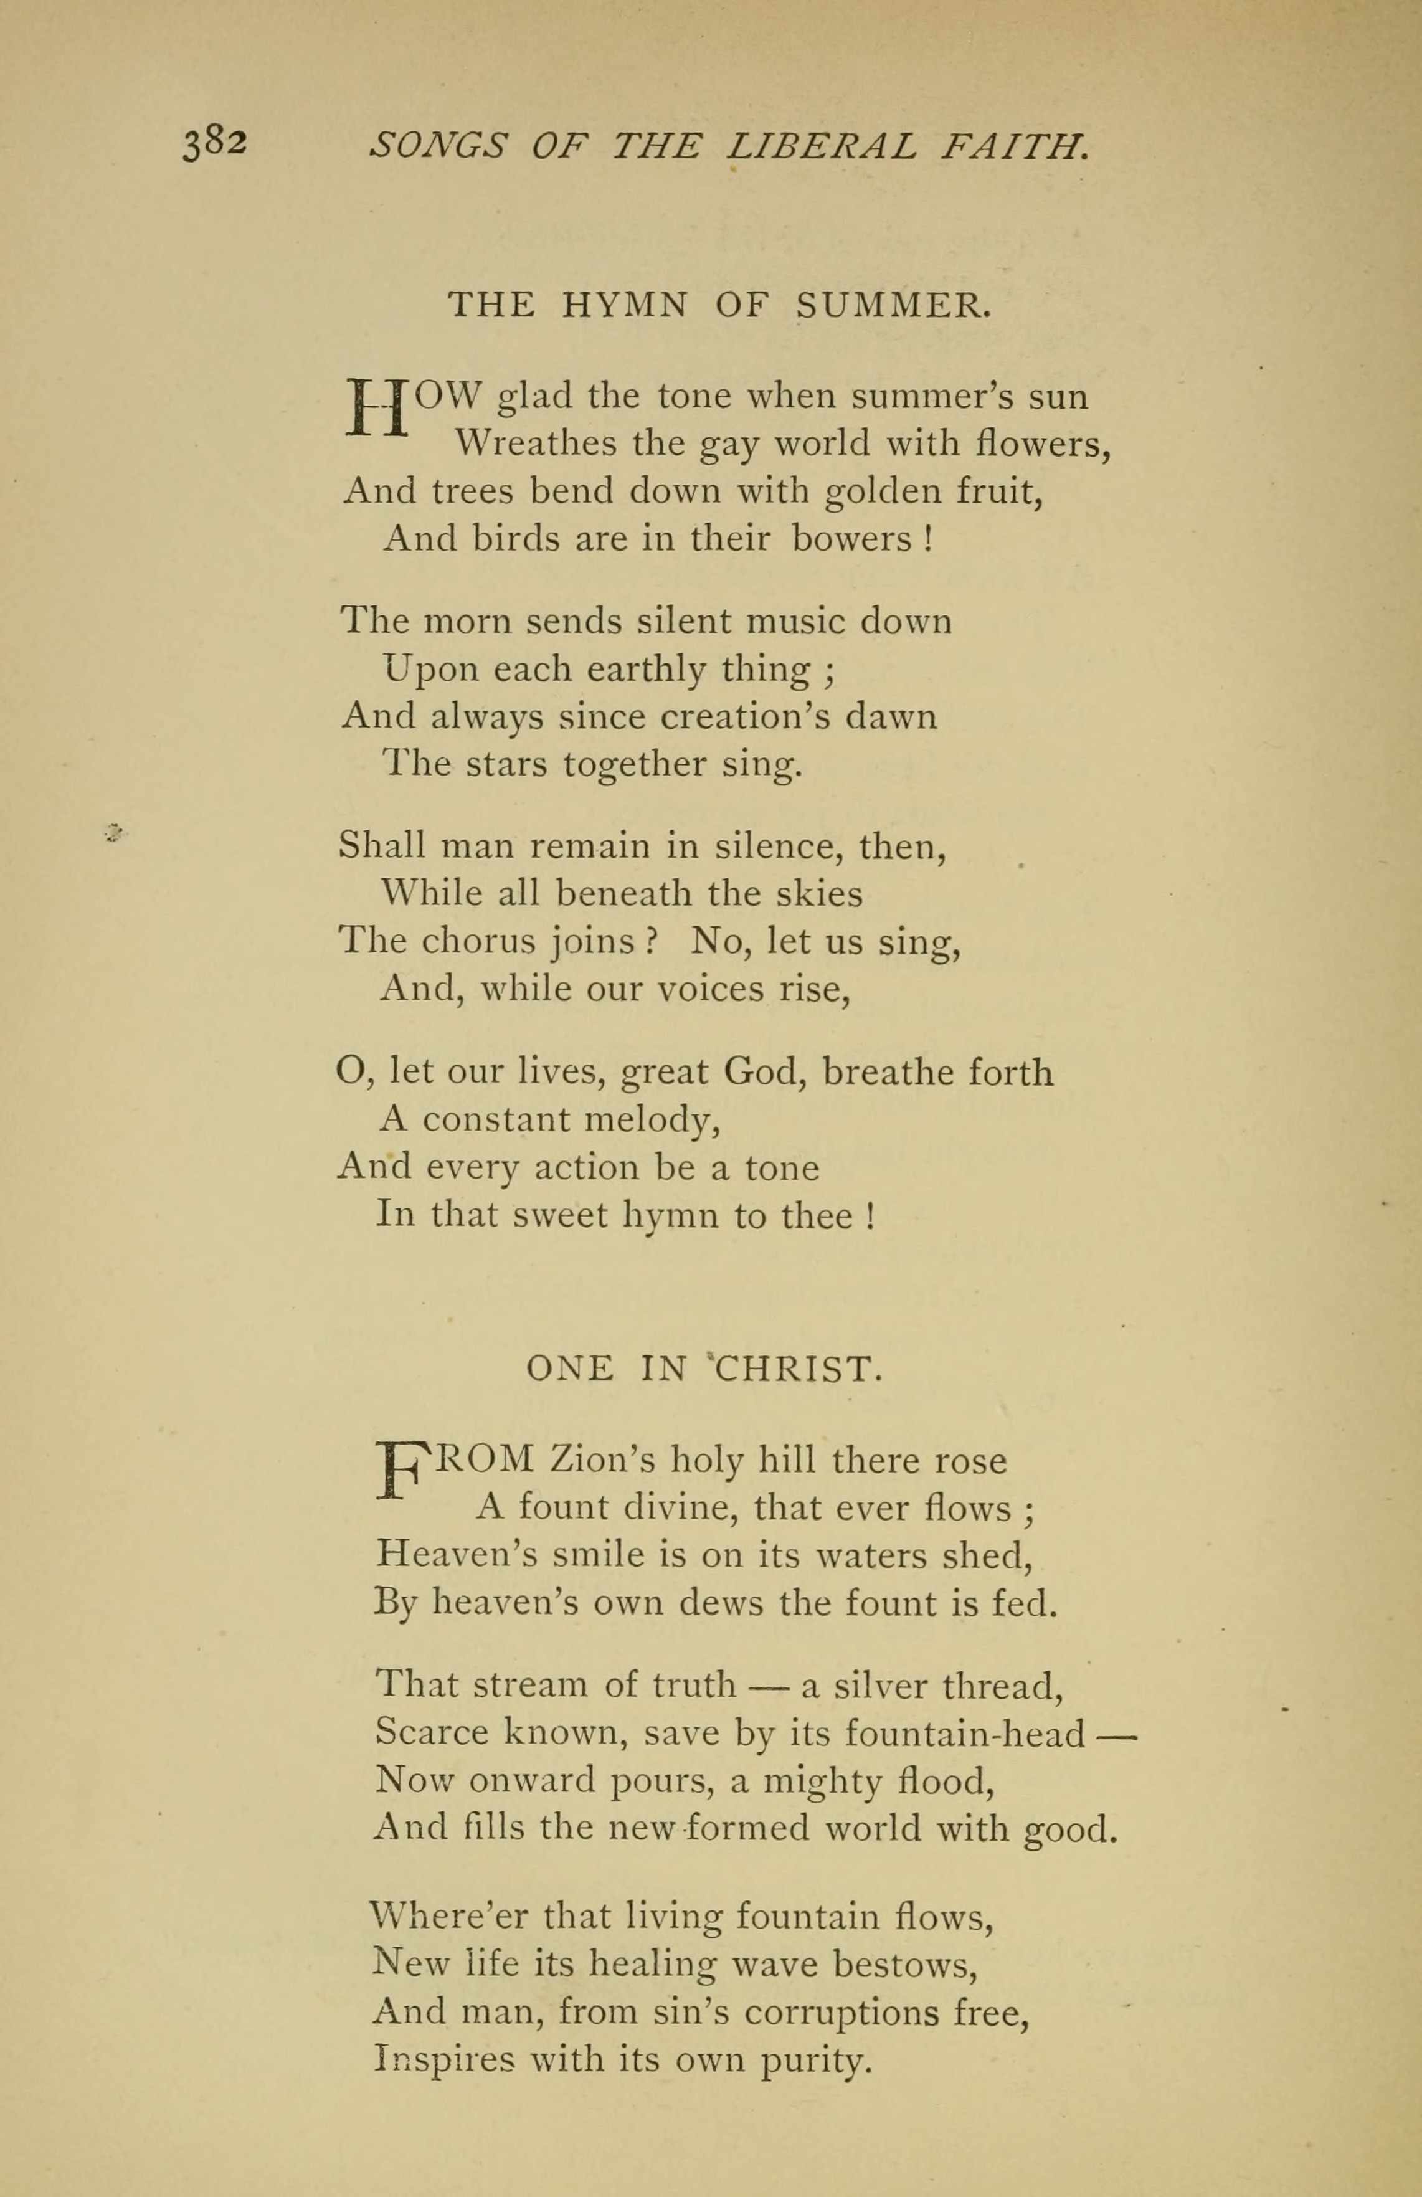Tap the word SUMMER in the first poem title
893,304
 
